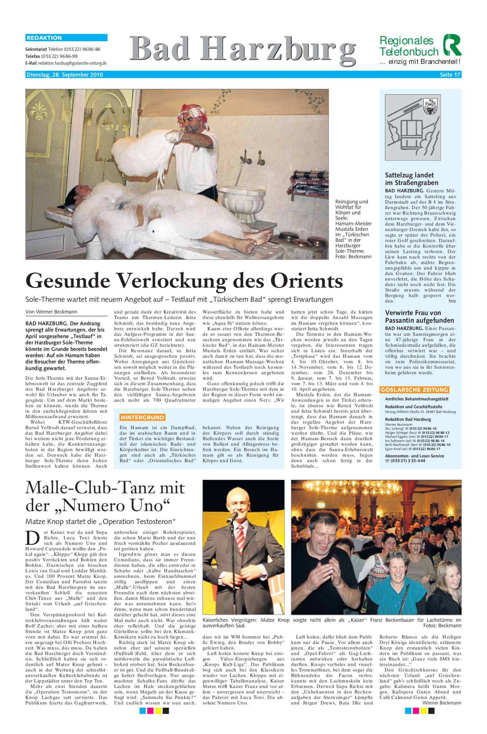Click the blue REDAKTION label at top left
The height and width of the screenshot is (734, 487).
(44, 38)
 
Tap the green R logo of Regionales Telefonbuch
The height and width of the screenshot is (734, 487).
(452, 45)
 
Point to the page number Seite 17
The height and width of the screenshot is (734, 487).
(450, 75)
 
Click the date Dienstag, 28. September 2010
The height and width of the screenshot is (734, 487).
(64, 75)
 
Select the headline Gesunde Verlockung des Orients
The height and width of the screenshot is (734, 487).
(184, 280)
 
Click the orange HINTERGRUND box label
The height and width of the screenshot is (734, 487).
(143, 417)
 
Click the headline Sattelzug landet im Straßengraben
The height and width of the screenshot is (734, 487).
(412, 179)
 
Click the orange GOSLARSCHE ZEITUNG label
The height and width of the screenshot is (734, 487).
(414, 390)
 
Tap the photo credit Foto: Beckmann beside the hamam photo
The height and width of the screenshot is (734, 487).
(353, 256)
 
